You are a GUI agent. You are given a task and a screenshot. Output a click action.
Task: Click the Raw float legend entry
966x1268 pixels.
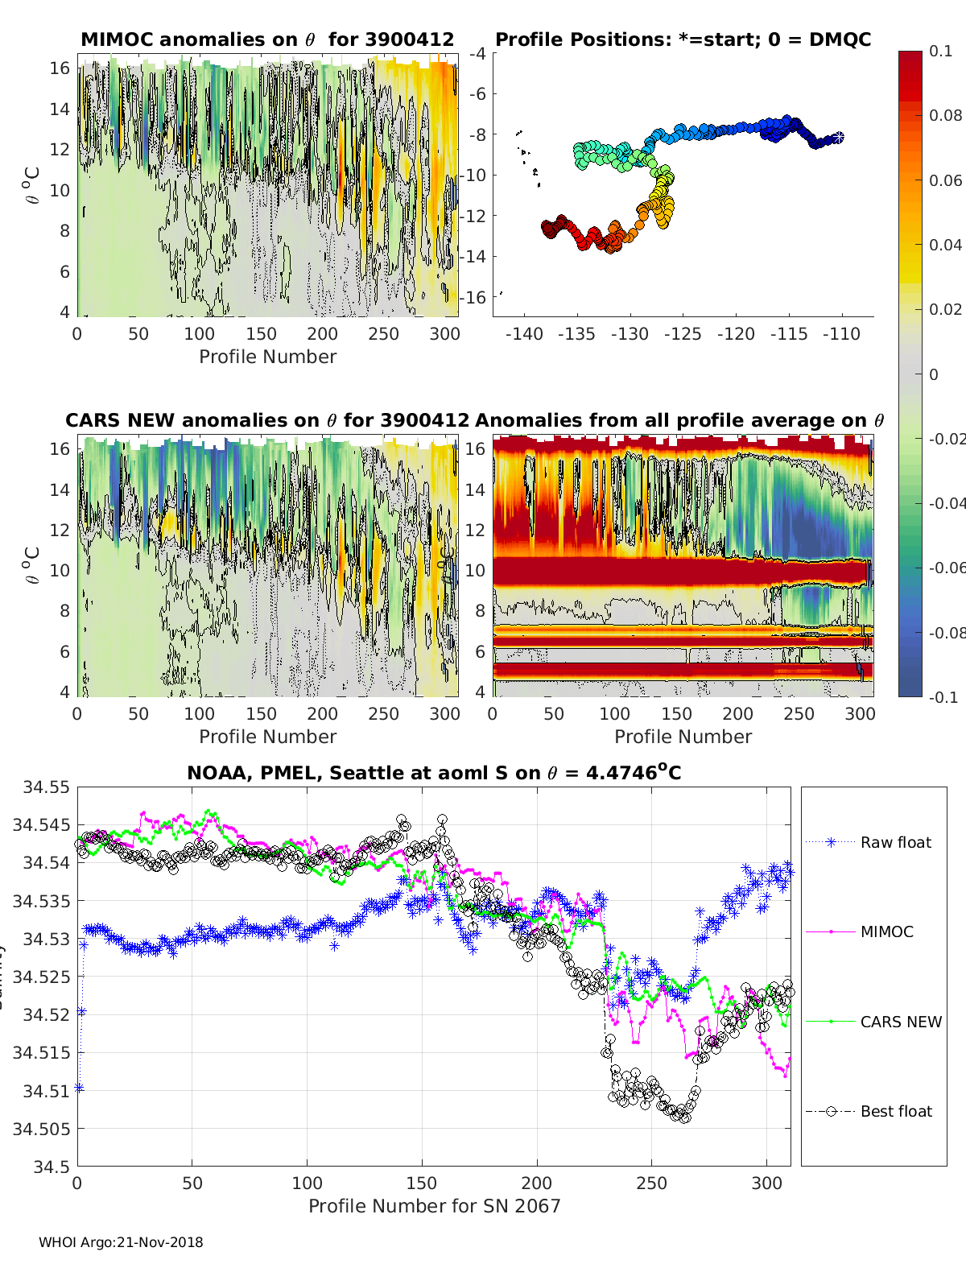(x=895, y=842)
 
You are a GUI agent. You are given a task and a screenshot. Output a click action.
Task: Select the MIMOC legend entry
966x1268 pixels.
(x=886, y=931)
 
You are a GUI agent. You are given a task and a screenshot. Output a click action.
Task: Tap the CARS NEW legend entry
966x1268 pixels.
(x=900, y=1022)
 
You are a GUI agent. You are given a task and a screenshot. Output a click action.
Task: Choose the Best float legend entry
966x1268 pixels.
(x=895, y=1111)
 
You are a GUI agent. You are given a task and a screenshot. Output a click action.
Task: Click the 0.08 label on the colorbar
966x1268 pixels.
(x=945, y=115)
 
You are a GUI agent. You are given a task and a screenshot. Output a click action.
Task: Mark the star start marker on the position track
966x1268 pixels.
(x=838, y=138)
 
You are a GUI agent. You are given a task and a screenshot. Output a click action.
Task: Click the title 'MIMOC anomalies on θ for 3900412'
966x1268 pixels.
(x=267, y=39)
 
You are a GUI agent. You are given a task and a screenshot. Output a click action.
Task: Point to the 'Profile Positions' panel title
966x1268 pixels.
(x=683, y=39)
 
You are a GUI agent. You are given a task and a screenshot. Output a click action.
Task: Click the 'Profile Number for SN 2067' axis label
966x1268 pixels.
(x=434, y=1206)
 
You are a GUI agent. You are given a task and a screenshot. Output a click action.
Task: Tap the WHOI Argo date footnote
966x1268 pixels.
(x=121, y=1242)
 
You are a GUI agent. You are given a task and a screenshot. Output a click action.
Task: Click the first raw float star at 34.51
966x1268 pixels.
(x=79, y=1088)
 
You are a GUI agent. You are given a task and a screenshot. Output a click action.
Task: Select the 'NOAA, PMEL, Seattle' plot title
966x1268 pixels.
(x=434, y=773)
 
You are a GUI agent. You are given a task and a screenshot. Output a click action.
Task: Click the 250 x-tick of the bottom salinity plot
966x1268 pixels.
(x=651, y=1183)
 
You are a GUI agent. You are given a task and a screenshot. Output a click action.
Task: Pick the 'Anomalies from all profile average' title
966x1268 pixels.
(x=679, y=420)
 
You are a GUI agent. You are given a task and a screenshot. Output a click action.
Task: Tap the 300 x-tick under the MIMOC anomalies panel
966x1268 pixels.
(x=444, y=334)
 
